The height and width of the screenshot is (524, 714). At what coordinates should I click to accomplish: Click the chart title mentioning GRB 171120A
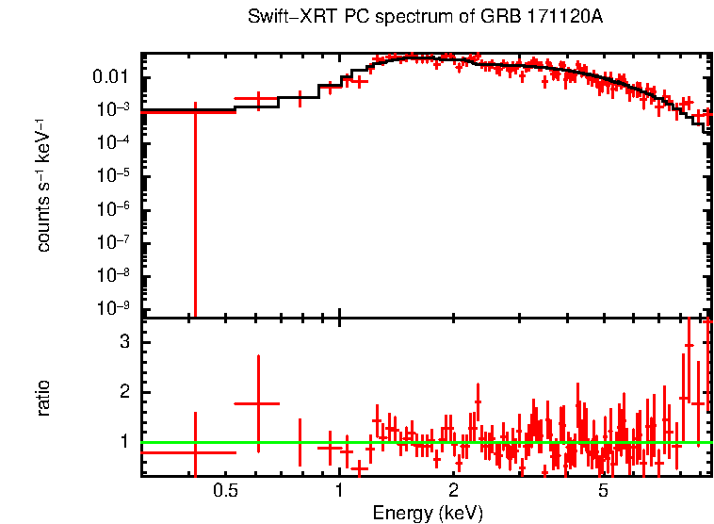coord(425,18)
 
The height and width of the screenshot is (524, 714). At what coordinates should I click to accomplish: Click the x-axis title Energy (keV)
coord(428,513)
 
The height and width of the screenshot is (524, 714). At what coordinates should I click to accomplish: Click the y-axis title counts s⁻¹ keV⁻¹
coord(43,185)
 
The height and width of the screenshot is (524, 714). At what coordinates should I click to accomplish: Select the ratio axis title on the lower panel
coord(43,398)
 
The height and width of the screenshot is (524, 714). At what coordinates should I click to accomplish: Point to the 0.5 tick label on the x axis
coord(224,490)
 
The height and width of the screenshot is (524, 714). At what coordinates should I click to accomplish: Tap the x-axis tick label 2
coord(453,490)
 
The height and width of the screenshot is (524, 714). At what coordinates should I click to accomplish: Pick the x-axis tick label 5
coord(604,490)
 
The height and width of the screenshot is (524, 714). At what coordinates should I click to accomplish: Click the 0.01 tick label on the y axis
coord(110,76)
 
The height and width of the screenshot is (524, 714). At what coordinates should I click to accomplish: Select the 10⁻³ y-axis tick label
coord(113,109)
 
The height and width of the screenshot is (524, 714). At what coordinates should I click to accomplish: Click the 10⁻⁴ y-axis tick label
coord(113,142)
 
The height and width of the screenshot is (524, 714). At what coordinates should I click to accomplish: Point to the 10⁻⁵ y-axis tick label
coord(113,176)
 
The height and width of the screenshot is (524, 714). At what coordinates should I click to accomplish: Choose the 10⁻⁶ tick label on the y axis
coord(113,209)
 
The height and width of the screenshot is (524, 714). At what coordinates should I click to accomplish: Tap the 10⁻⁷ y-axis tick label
coord(113,242)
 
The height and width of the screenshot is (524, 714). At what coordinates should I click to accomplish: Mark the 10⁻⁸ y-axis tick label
coord(113,275)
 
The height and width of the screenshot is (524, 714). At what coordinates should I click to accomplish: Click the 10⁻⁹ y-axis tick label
coord(113,309)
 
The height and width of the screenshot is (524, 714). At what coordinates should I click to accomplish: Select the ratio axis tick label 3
coord(122,342)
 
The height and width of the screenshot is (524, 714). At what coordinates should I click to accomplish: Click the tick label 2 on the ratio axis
coord(122,392)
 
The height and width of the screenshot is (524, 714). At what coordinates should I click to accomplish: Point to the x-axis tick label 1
coord(339,490)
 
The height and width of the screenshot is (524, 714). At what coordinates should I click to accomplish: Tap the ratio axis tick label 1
coord(122,442)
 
